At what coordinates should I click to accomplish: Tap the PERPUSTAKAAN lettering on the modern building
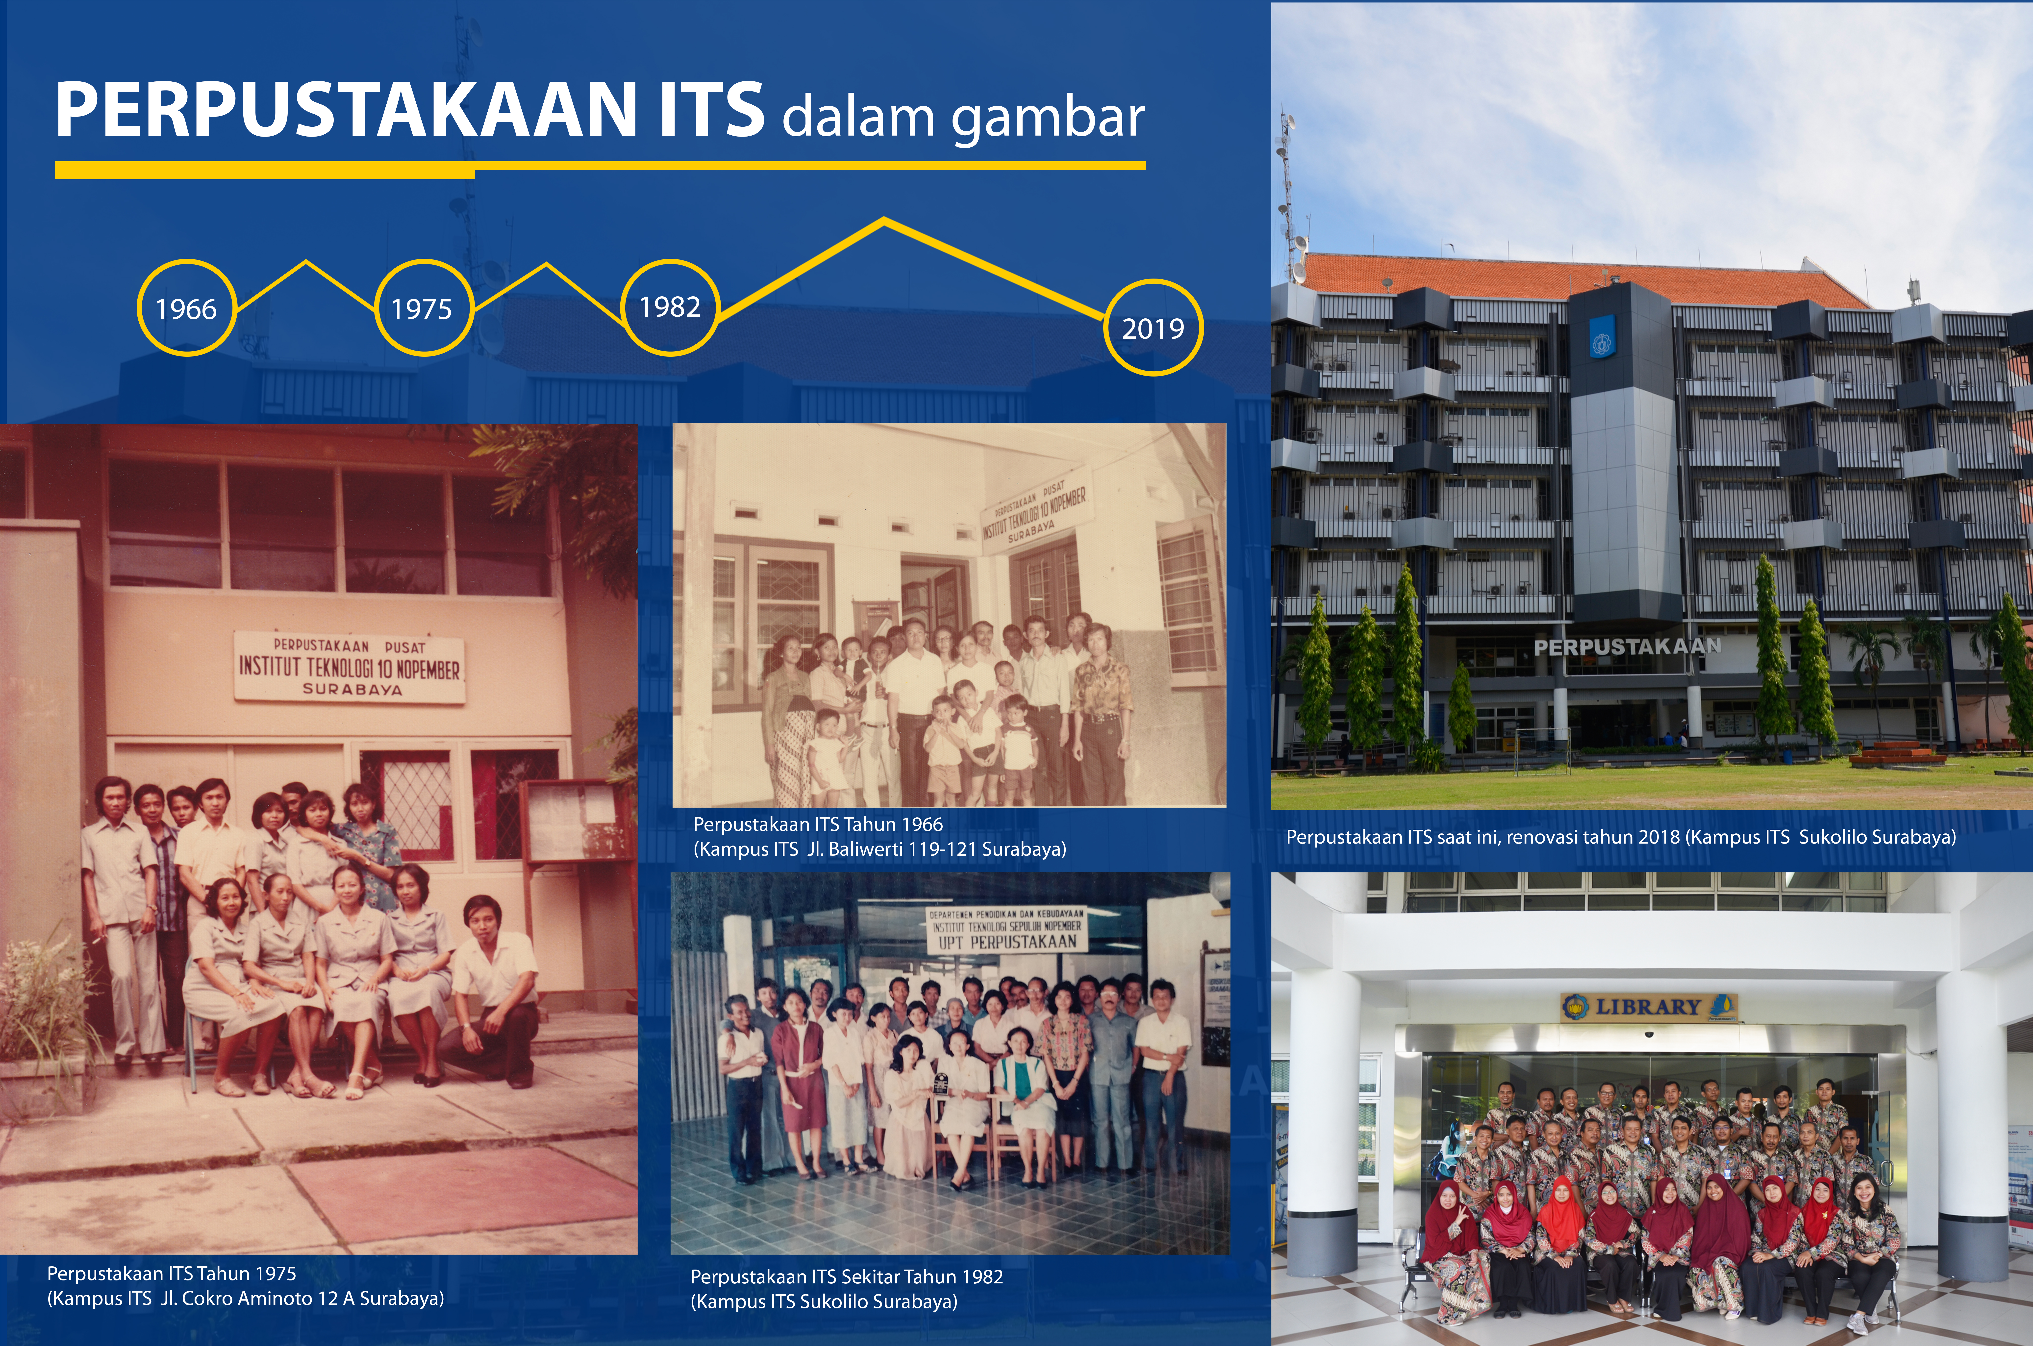pyautogui.click(x=1628, y=646)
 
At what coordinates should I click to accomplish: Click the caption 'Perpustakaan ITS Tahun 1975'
pyautogui.click(x=172, y=1273)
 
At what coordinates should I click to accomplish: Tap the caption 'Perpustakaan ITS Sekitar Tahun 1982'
pyautogui.click(x=847, y=1276)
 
